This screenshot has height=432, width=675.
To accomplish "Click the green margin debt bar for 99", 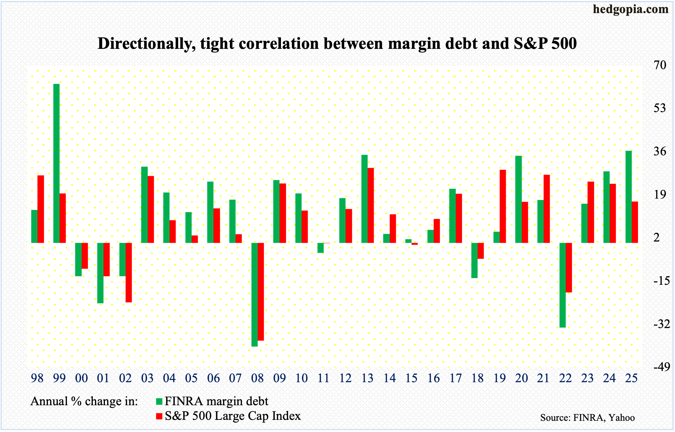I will (56, 163).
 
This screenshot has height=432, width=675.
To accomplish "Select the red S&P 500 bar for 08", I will (261, 292).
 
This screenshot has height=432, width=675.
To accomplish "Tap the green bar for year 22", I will (562, 285).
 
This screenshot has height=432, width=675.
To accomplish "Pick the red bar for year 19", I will (503, 206).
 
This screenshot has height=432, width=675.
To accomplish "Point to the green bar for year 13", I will (364, 199).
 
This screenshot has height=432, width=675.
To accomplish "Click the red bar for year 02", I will (129, 272).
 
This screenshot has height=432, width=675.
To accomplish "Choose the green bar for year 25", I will (629, 197).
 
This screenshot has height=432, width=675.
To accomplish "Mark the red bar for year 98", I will (41, 209).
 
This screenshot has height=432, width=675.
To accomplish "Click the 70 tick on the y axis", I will (659, 65).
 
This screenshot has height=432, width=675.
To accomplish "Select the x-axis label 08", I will (257, 378).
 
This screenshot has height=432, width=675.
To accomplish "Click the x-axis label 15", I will (411, 378).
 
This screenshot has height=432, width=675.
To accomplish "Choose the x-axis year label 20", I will (521, 378).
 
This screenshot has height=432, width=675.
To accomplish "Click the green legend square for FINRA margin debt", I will (159, 401).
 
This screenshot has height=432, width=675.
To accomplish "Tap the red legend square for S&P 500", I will (159, 416).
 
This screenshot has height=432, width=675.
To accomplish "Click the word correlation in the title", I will (280, 43).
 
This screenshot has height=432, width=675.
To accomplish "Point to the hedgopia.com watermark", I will (630, 9).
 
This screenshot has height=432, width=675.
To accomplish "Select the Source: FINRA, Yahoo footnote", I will (587, 418).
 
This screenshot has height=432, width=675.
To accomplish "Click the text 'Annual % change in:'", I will (84, 401).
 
